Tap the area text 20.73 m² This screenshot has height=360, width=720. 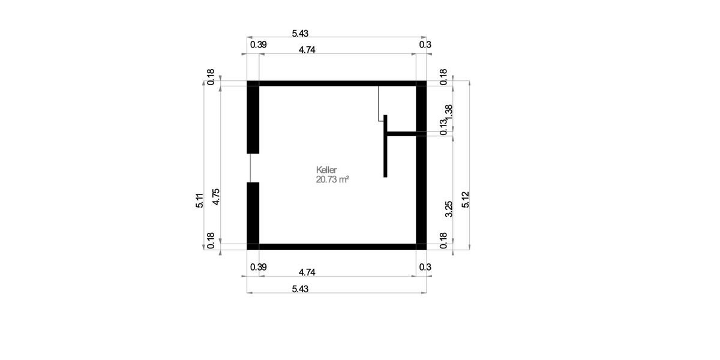(x=332, y=179)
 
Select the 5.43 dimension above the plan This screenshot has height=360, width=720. (x=300, y=34)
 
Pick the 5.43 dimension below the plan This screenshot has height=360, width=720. (x=300, y=289)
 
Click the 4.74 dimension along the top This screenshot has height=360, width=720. (x=307, y=50)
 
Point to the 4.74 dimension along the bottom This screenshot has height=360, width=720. (x=307, y=272)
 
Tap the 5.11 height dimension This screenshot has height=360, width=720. (x=200, y=199)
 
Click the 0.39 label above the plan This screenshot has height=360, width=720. (x=259, y=44)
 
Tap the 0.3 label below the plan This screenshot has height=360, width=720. (x=425, y=266)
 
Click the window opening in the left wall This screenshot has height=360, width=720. (x=253, y=167)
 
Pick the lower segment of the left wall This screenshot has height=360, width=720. (x=253, y=213)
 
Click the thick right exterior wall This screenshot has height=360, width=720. (x=421, y=180)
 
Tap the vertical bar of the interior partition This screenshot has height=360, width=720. (x=385, y=146)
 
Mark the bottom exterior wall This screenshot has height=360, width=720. (x=336, y=246)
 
